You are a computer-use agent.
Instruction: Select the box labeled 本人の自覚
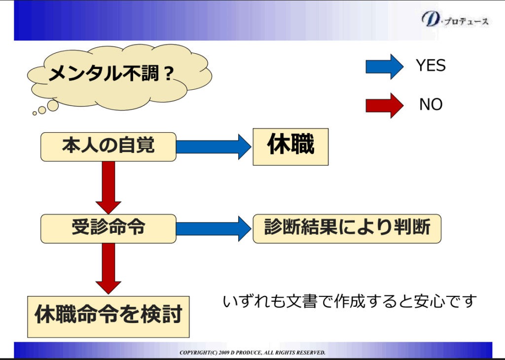tap(108, 146)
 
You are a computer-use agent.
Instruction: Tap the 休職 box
tap(290, 146)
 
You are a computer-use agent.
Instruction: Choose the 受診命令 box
tap(108, 228)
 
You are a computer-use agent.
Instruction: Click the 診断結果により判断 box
tap(347, 228)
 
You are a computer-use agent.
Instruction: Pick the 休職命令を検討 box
tap(108, 315)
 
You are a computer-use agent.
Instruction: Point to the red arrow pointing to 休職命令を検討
tap(108, 269)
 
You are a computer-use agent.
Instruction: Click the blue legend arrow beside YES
tap(384, 66)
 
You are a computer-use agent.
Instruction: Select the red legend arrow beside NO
tap(384, 105)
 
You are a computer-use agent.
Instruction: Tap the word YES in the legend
tap(431, 66)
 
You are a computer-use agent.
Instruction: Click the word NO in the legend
tap(431, 105)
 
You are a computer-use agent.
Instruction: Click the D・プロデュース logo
tap(455, 20)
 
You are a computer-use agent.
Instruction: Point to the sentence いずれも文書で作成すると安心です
tap(350, 300)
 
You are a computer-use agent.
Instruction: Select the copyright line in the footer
tap(252, 353)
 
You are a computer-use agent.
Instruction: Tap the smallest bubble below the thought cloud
tap(35, 113)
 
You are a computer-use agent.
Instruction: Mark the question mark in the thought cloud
tap(168, 74)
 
